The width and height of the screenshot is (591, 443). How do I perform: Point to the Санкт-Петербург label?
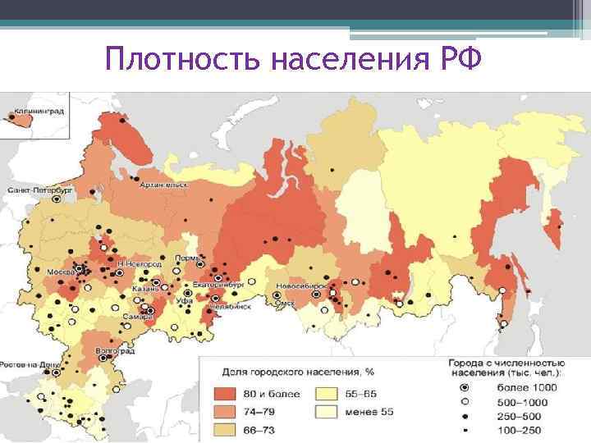pyautogui.click(x=40, y=188)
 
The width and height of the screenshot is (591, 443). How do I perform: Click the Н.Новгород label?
pyautogui.click(x=135, y=264)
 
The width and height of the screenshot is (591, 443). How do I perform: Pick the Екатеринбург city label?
pyautogui.click(x=215, y=284)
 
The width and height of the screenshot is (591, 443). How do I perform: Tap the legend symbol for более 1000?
pyautogui.click(x=465, y=387)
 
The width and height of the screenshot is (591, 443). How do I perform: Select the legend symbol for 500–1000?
pyautogui.click(x=465, y=401)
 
